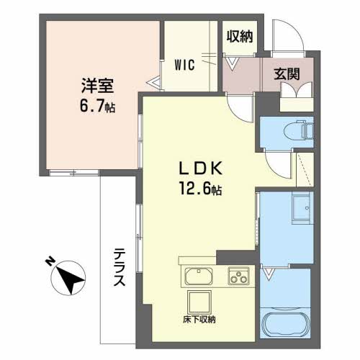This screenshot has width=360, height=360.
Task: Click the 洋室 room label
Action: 97,86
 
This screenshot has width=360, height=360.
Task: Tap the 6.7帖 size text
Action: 97,106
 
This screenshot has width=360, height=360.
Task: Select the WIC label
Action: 184,65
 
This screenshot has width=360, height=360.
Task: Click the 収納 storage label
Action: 240,37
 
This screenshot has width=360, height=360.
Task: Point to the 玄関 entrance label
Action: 287,74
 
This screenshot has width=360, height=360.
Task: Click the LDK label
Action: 201,168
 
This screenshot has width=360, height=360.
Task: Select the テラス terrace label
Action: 120,267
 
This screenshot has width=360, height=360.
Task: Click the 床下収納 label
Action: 199,320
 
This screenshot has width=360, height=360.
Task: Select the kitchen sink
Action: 199,276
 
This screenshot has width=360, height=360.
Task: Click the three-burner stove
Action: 238,276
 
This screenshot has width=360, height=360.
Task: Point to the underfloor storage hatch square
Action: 199,302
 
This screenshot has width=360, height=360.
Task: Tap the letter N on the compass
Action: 50,261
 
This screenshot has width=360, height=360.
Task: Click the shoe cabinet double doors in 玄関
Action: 297,90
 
